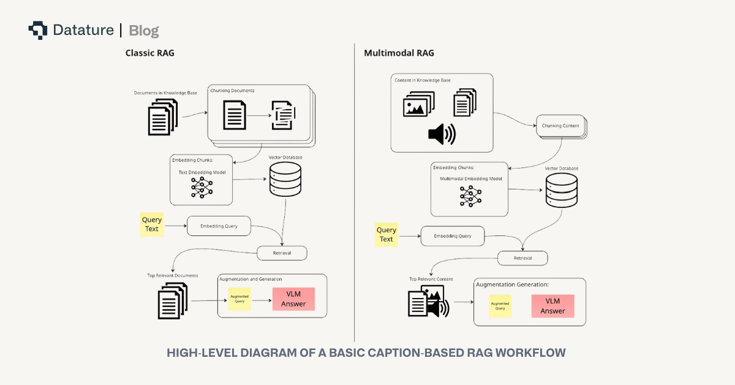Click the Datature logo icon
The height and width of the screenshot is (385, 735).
click(x=37, y=30)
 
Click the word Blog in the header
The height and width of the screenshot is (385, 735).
click(x=144, y=31)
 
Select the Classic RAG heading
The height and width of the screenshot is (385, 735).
click(x=149, y=53)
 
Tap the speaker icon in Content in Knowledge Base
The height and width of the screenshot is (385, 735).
click(x=442, y=134)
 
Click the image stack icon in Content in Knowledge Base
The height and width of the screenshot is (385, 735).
click(x=419, y=104)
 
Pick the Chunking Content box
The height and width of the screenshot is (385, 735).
click(x=560, y=126)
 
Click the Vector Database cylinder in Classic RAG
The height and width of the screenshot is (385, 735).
click(x=285, y=179)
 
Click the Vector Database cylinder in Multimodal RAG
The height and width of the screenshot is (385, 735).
click(x=561, y=191)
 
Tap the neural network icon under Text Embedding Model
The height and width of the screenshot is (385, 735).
click(x=202, y=187)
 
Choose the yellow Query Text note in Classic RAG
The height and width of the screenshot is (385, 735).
click(x=152, y=224)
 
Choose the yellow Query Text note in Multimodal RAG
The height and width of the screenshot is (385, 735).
click(x=386, y=235)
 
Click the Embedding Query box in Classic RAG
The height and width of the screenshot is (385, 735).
click(x=219, y=226)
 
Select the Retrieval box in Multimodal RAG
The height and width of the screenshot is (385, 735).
click(x=522, y=258)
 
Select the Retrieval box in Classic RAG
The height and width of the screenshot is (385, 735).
click(x=281, y=253)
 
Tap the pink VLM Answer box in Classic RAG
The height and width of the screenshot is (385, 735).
click(x=293, y=299)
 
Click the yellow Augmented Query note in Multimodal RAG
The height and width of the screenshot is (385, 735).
click(x=500, y=306)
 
